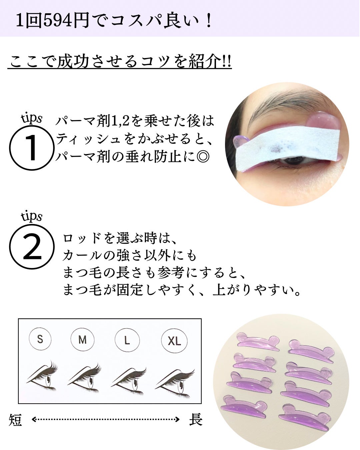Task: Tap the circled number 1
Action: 32,148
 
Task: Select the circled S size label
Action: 40,339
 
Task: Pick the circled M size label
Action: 82,340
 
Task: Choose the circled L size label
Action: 127,340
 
